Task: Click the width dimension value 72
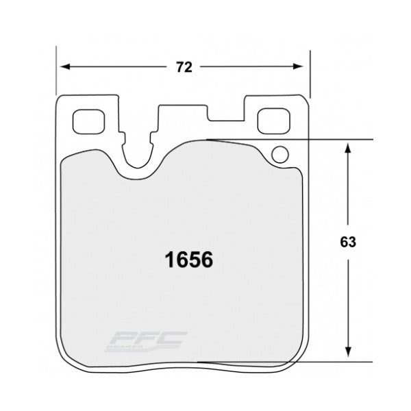182,67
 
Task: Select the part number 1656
187,260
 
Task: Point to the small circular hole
279,154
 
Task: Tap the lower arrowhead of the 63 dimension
349,354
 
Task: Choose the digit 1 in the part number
165,260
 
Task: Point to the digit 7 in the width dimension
178,67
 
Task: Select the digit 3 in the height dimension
353,241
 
